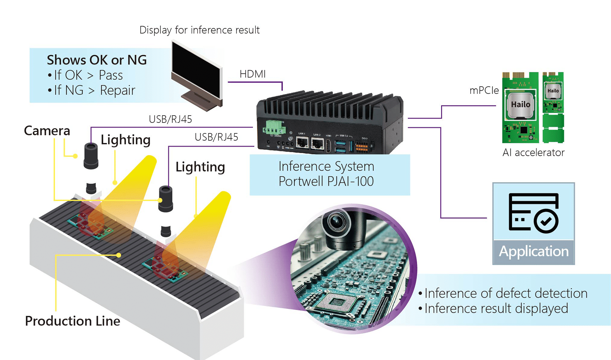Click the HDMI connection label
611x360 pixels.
click(x=252, y=74)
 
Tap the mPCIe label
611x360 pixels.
click(x=484, y=90)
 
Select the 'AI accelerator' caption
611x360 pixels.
click(x=533, y=153)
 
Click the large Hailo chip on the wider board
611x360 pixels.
click(x=520, y=105)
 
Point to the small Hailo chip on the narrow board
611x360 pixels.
click(x=553, y=91)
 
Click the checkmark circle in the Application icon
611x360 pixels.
click(x=546, y=221)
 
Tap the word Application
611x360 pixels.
click(x=533, y=251)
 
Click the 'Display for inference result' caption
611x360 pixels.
click(x=200, y=30)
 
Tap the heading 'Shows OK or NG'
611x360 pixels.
click(x=97, y=60)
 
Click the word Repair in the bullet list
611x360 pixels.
click(x=117, y=90)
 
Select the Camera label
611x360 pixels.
click(x=47, y=131)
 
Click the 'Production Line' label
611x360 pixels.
click(x=73, y=321)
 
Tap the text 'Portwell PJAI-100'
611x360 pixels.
click(x=326, y=181)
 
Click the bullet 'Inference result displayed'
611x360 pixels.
click(x=496, y=308)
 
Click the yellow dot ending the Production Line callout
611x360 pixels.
click(x=119, y=255)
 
